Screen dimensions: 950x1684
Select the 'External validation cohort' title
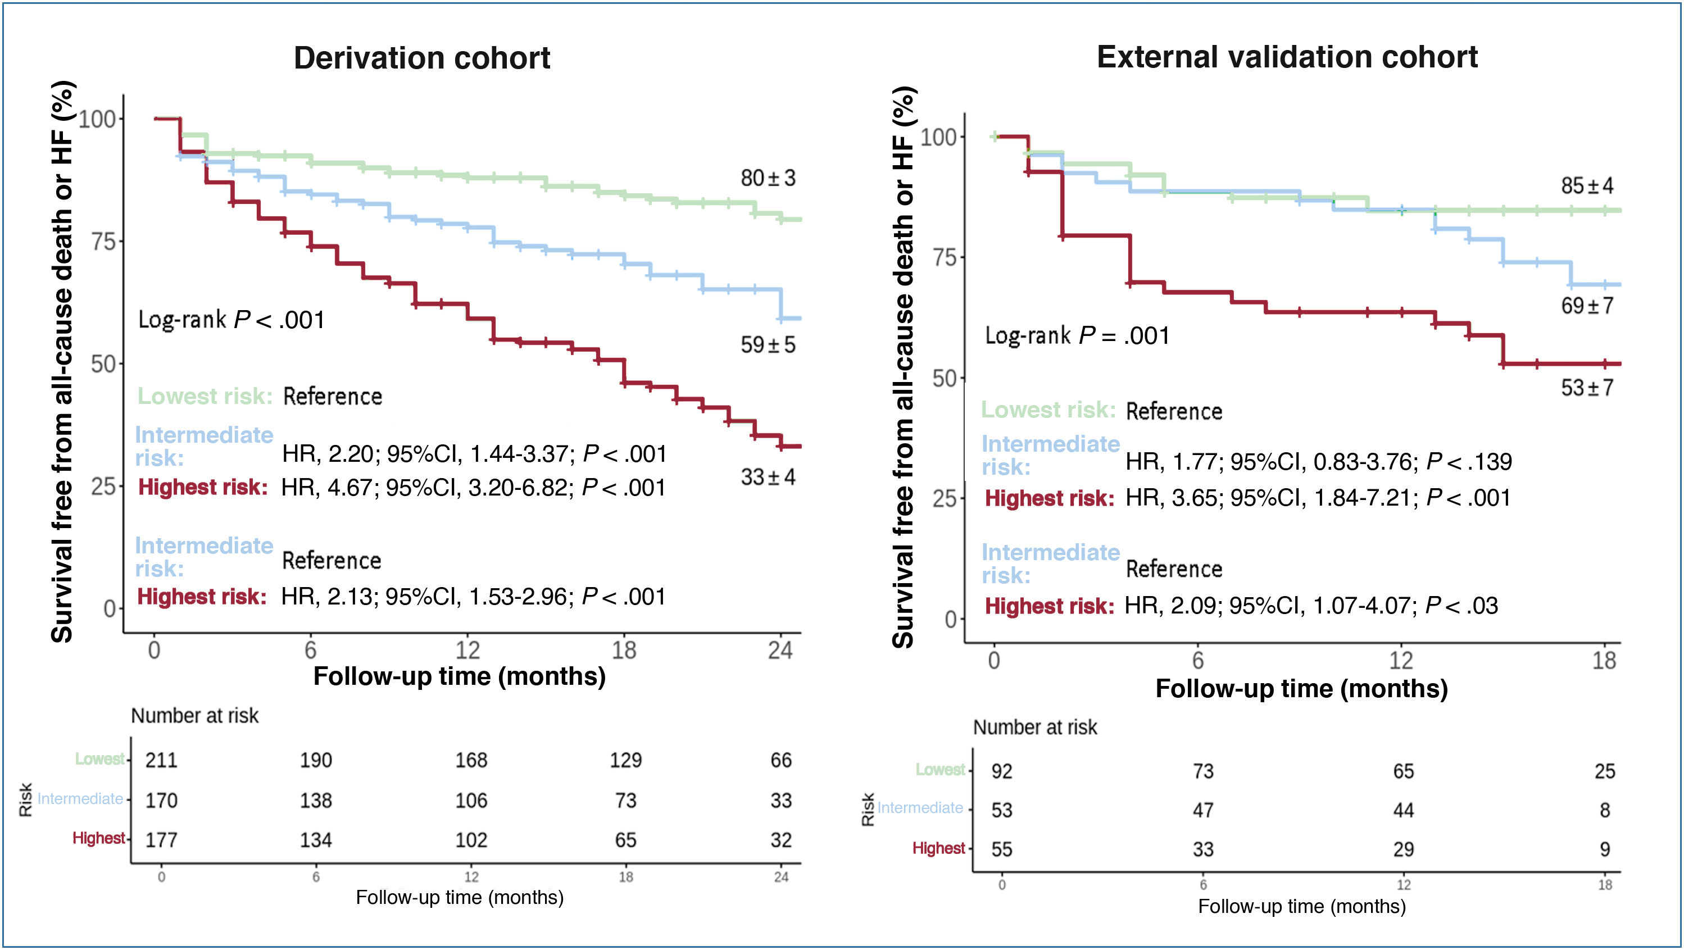click(1287, 57)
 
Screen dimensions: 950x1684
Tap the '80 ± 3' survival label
click(768, 178)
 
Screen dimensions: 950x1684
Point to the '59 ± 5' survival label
click(768, 344)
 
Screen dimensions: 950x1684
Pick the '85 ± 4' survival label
click(1587, 186)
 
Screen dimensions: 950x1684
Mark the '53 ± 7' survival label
click(1587, 388)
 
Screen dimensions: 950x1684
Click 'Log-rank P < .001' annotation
click(232, 320)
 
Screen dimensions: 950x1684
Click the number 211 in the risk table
click(161, 760)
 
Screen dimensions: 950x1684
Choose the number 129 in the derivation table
click(625, 760)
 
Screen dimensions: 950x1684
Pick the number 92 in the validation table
click(1001, 771)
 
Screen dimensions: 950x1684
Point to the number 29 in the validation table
click(1404, 849)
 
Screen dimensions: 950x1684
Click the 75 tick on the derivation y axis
click(103, 241)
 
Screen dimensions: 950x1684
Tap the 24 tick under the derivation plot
click(780, 651)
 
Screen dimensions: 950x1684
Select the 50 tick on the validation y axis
click(945, 378)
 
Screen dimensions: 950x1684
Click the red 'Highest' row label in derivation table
click(98, 838)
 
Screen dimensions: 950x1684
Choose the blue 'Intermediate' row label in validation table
click(920, 808)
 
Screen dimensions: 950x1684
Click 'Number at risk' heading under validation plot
click(1035, 727)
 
